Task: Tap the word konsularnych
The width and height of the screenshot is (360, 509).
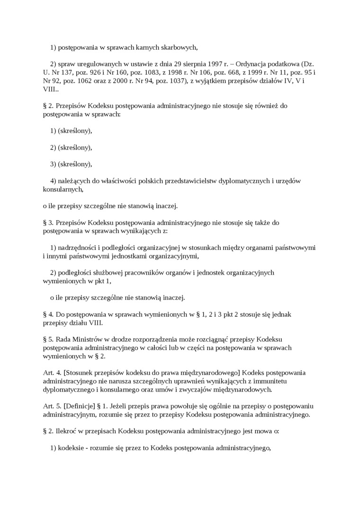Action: pos(63,189)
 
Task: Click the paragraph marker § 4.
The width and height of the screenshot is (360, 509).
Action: pos(48,314)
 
